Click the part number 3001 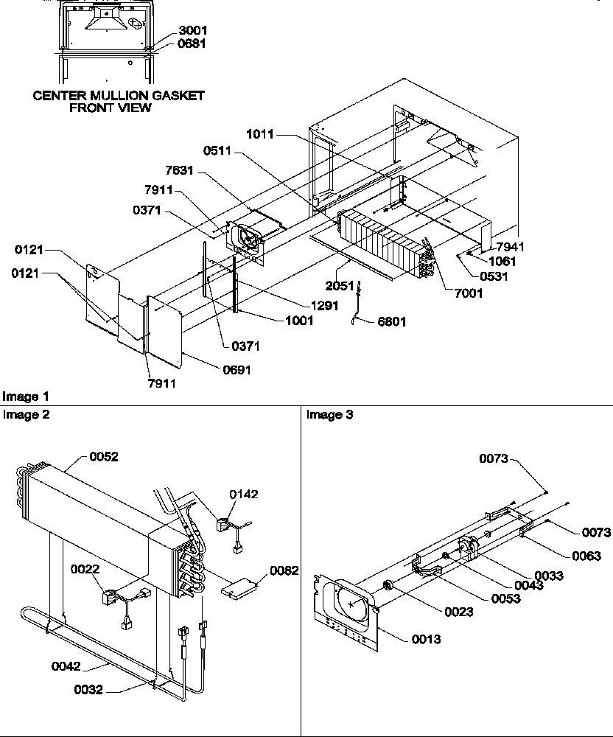coord(192,31)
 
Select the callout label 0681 coord(192,43)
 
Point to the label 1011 coord(261,134)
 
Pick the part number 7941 coord(511,247)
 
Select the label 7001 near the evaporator coord(469,293)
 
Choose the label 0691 coord(237,370)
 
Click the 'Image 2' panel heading coord(27,415)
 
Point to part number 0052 coord(104,457)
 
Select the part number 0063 coord(586,556)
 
